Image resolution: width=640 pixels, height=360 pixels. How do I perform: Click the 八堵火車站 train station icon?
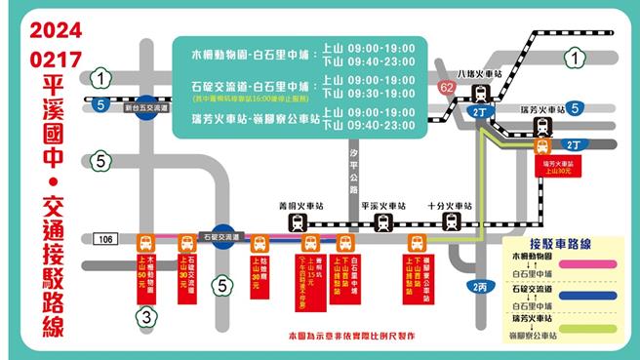(480, 94)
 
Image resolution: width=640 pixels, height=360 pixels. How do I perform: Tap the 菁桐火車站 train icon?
(297, 222)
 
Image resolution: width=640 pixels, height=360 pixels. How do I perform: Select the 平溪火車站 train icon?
(384, 222)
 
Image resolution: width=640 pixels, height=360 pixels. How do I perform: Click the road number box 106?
(106, 239)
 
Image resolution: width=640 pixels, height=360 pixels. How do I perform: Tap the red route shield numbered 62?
(448, 89)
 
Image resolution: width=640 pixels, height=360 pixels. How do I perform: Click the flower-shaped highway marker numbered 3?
(144, 315)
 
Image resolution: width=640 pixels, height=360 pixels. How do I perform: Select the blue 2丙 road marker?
(479, 286)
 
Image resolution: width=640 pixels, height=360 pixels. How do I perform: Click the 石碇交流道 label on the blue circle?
(222, 236)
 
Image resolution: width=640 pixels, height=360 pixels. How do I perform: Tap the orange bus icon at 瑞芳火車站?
(542, 146)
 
